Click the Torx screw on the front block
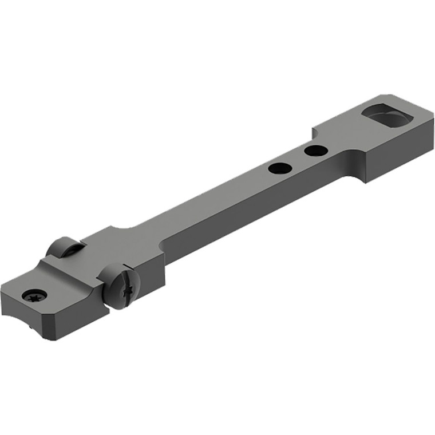coord(34,295)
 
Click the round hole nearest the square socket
coord(315,151)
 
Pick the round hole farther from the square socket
coord(279,168)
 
